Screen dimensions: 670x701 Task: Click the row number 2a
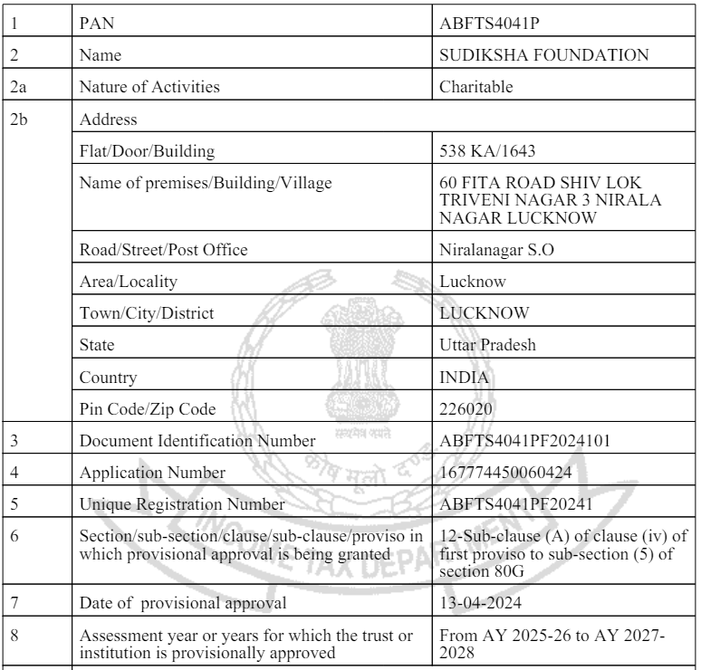[x=16, y=88]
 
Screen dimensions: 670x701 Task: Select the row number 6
[x=13, y=536]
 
